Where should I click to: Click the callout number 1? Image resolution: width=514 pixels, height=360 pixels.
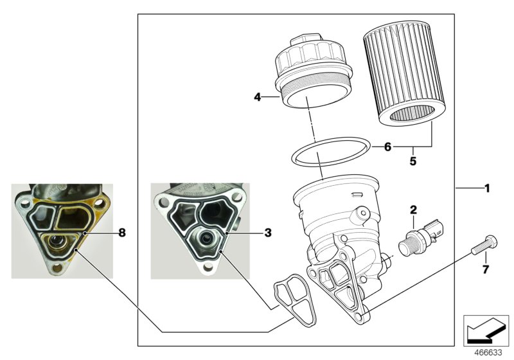[486, 188]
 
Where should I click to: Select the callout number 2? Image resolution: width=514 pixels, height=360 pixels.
[414, 209]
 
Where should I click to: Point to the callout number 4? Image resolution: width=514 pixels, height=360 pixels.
[257, 98]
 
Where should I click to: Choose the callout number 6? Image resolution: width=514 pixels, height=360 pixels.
[387, 147]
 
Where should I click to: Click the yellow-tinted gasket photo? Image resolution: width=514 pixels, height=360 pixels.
[64, 230]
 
